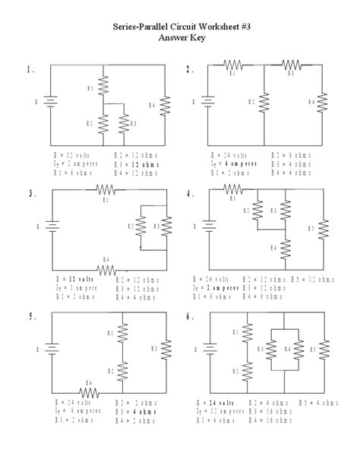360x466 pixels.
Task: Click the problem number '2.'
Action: click(x=191, y=70)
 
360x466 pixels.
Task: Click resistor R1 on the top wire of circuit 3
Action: click(x=106, y=189)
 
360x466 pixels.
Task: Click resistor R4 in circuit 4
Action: click(x=285, y=248)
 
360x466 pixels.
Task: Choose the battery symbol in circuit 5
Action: click(x=50, y=350)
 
